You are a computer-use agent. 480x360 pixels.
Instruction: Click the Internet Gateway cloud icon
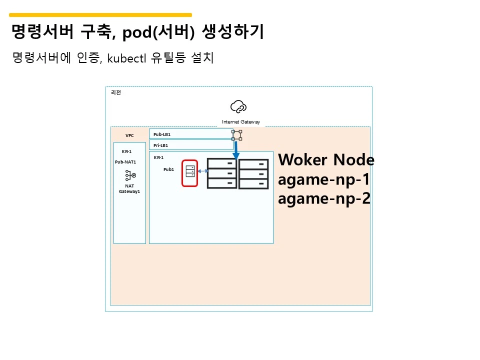(238, 106)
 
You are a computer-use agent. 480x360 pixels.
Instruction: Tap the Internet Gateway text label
(241, 122)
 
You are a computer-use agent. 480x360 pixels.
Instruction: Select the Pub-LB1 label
(162, 134)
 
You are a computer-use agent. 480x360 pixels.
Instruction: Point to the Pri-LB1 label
(161, 145)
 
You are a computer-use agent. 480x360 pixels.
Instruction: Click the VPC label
(129, 135)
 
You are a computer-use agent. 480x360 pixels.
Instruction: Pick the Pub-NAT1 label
(125, 162)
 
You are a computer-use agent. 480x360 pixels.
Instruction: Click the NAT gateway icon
(130, 175)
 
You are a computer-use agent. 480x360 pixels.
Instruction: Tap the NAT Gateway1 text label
(129, 189)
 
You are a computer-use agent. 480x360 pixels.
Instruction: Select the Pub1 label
(168, 169)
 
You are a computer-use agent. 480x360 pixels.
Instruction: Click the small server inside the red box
(190, 171)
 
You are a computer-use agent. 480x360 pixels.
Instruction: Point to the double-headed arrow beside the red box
(202, 171)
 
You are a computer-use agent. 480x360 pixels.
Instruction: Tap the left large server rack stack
(222, 173)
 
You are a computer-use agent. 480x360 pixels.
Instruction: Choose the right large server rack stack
(253, 174)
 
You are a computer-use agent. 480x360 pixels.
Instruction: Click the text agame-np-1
(323, 179)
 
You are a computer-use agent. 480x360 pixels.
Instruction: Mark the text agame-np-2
(324, 198)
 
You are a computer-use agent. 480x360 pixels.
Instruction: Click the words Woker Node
(326, 160)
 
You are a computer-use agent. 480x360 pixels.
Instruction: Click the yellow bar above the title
(100, 15)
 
